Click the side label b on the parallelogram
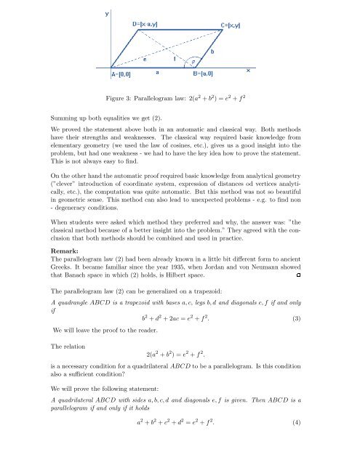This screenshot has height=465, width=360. [x=212, y=52]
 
